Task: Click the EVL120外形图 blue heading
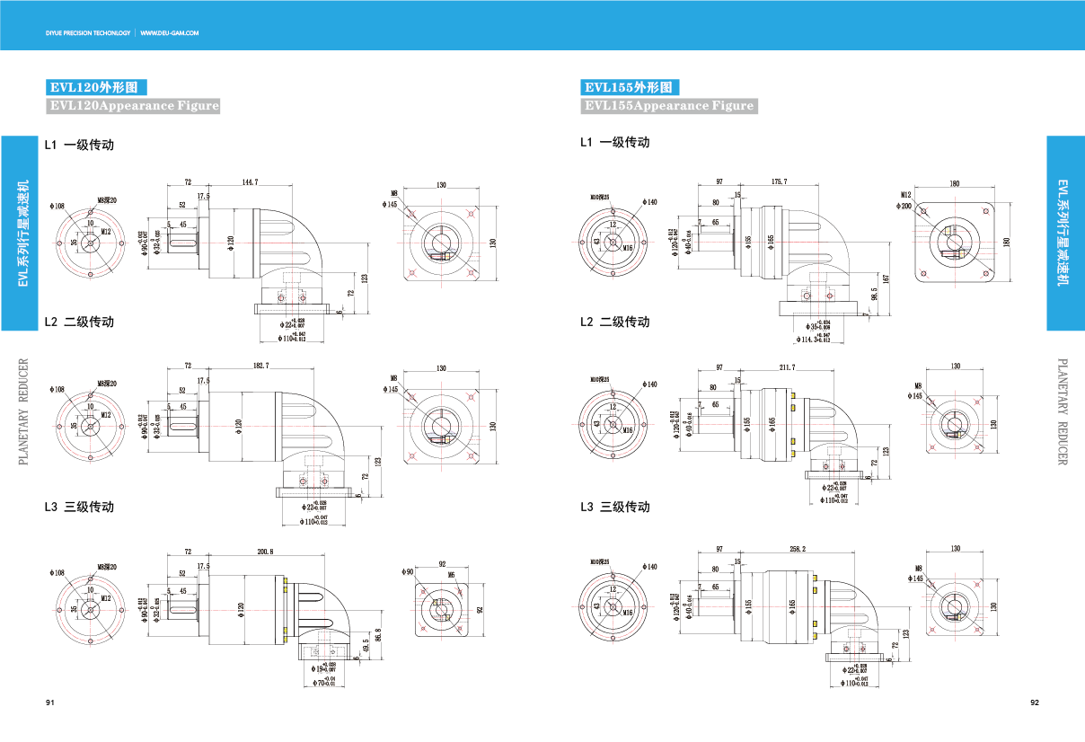pyautogui.click(x=95, y=88)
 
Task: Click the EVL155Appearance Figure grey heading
pyautogui.click(x=669, y=106)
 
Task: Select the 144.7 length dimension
pyautogui.click(x=250, y=182)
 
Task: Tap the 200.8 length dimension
pyautogui.click(x=265, y=551)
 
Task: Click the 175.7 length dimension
pyautogui.click(x=780, y=182)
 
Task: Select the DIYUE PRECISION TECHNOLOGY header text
pyautogui.click(x=87, y=33)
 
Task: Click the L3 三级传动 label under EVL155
pyautogui.click(x=614, y=507)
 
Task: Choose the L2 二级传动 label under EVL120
pyautogui.click(x=79, y=322)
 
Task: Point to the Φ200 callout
pyautogui.click(x=905, y=205)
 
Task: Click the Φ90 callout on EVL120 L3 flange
pyautogui.click(x=408, y=571)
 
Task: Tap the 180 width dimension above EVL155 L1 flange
pyautogui.click(x=954, y=184)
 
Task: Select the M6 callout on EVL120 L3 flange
pyautogui.click(x=451, y=575)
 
